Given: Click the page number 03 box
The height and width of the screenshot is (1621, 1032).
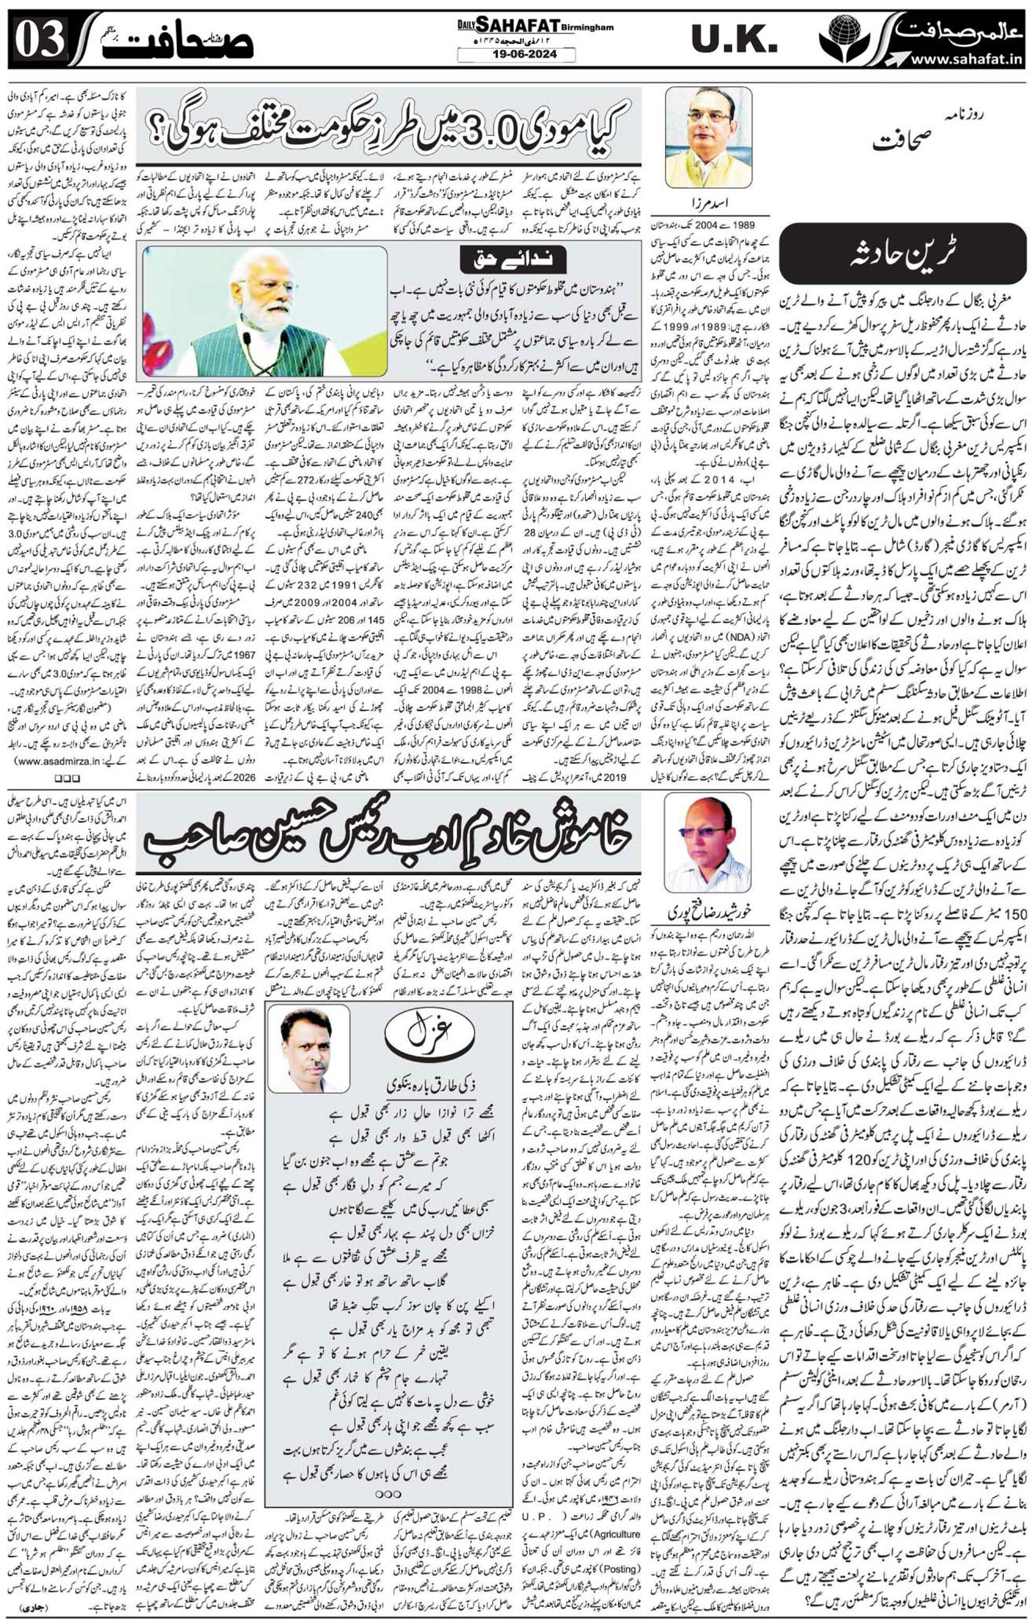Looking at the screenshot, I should (40, 40).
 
